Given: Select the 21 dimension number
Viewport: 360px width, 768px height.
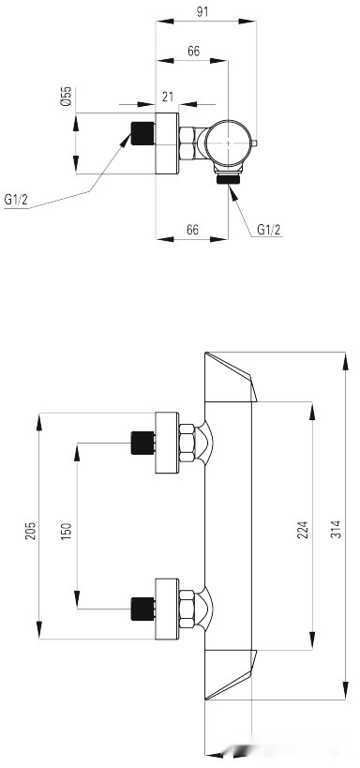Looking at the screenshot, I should coord(168,97).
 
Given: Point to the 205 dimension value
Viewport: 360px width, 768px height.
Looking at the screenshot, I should coord(30,530).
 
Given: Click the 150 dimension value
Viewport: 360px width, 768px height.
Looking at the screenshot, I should coord(66,530).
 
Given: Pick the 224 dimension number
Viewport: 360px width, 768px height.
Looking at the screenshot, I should coord(302,530).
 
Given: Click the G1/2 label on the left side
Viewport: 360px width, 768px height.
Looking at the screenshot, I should coord(16,199).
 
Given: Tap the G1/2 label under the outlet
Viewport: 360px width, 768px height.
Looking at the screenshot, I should coord(268,229).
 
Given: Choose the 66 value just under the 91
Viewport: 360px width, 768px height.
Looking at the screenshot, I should coord(192,53).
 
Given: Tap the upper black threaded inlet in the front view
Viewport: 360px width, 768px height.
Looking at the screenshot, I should coord(142,441).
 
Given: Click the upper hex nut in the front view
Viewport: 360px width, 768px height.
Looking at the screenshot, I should coord(187,442).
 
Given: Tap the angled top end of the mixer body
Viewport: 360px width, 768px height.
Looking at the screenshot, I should coord(230,377).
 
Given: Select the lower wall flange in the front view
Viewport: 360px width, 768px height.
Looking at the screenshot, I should coord(167,607).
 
